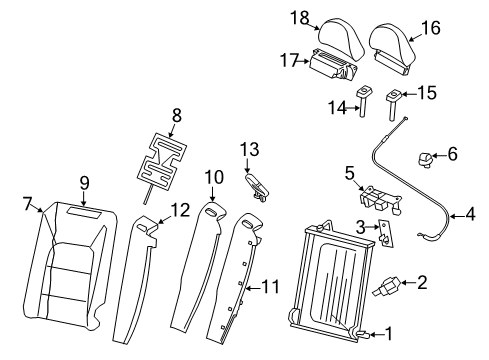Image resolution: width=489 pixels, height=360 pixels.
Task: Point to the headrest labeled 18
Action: point(340,40)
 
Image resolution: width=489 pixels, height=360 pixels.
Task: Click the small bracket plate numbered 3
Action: point(385,236)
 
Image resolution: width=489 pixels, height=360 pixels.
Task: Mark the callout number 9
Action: point(85,183)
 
